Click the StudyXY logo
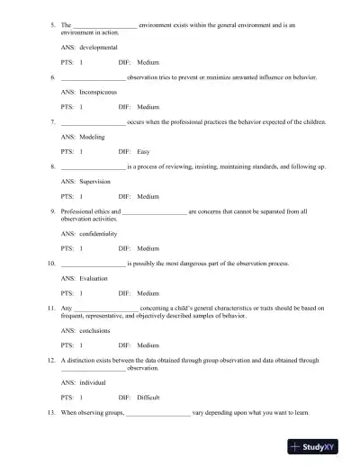(x=319, y=447)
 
